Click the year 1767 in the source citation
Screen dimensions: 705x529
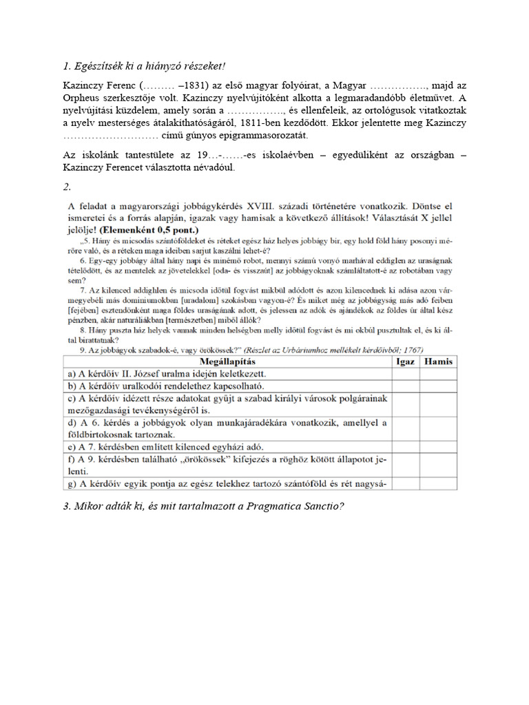click(x=412, y=348)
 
